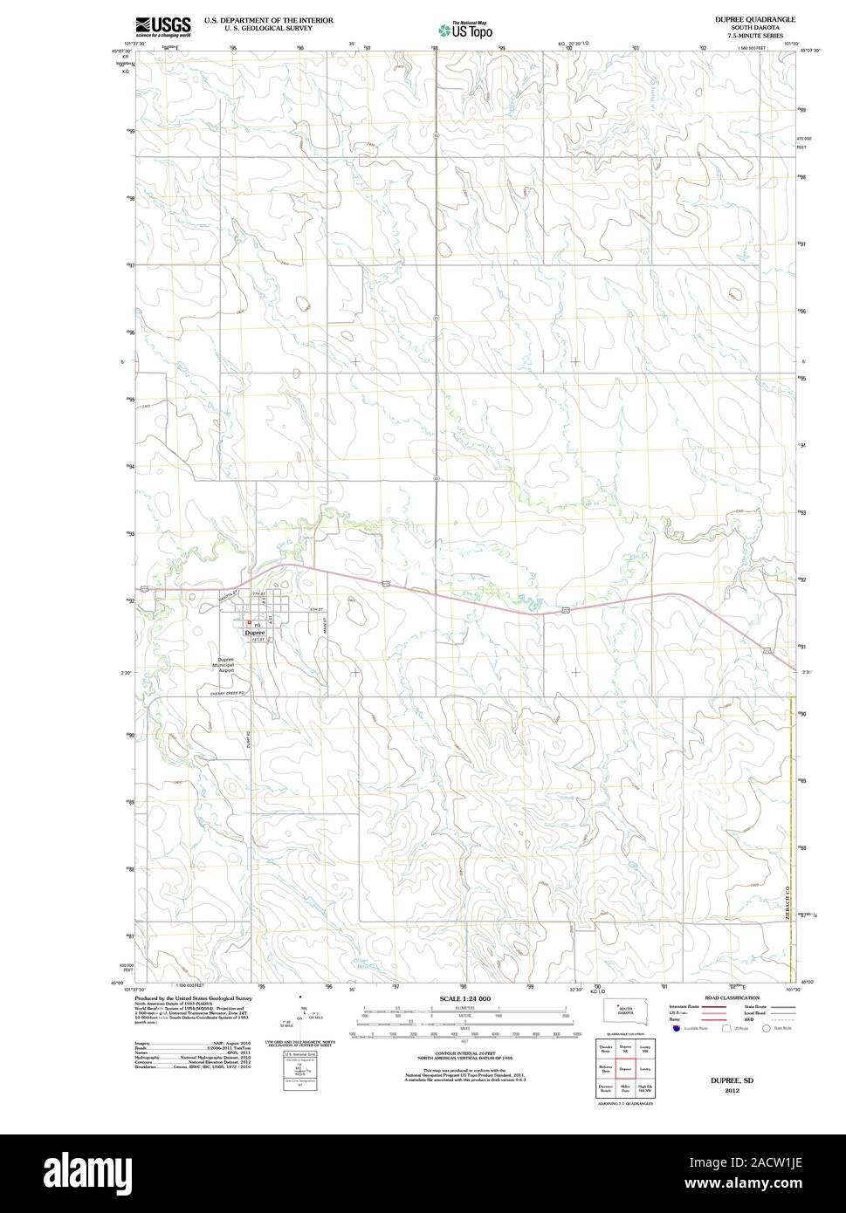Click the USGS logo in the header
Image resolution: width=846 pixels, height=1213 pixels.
click(162, 26)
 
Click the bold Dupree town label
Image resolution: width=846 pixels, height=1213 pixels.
click(254, 632)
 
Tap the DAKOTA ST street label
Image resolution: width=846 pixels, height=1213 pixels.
click(230, 594)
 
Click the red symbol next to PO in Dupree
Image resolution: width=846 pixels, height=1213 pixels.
click(249, 623)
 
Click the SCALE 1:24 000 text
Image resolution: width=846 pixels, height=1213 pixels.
click(465, 998)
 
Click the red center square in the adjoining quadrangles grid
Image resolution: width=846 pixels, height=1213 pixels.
click(624, 1067)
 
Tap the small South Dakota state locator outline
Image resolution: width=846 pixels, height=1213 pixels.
click(624, 1012)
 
